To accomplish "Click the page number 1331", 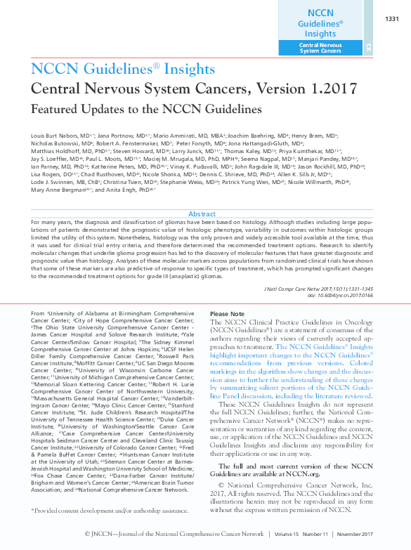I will [392, 18].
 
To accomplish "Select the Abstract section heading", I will [202, 214].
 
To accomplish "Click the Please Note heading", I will [228, 314].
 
